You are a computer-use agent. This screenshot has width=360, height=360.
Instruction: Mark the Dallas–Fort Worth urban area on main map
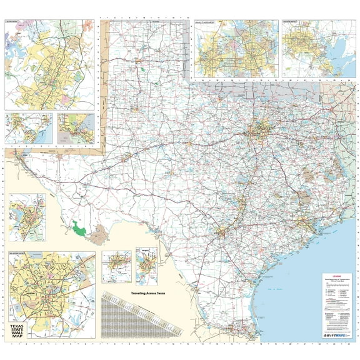[x=256, y=131]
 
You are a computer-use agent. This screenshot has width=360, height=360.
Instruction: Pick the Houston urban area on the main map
[x=304, y=222]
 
